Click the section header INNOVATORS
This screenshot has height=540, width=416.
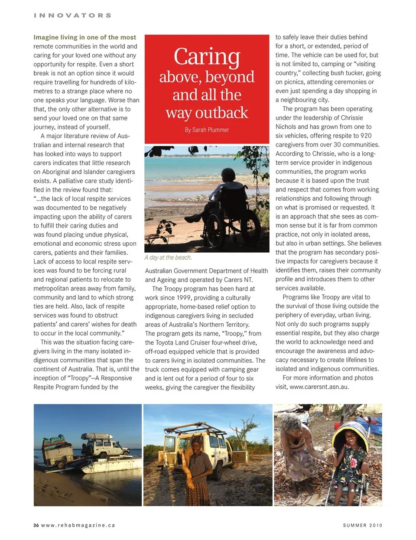click(x=72, y=16)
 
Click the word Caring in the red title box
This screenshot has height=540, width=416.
click(x=207, y=57)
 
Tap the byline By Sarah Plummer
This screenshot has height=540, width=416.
click(x=207, y=130)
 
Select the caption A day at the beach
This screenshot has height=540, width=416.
click(x=168, y=257)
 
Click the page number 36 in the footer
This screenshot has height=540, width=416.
click(x=36, y=525)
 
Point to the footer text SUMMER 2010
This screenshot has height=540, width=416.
click(x=362, y=525)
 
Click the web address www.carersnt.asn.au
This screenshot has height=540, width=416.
click(x=318, y=387)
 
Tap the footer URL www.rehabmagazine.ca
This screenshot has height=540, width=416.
click(x=78, y=525)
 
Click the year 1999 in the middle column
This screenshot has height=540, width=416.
click(x=184, y=298)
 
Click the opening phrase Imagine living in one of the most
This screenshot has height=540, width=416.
click(x=85, y=37)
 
